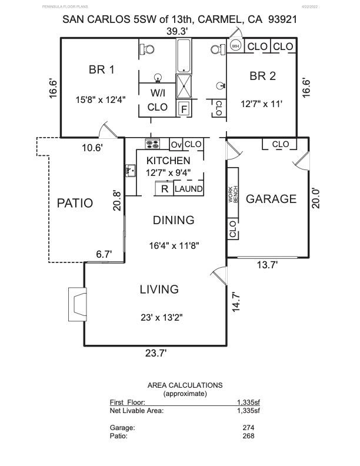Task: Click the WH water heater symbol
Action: [x=235, y=46]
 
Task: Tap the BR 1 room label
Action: [x=102, y=70]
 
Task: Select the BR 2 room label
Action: [x=262, y=76]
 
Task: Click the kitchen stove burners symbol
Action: [x=152, y=144]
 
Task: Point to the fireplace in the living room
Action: [x=78, y=304]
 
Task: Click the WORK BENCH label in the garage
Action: [x=233, y=195]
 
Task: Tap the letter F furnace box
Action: [x=184, y=109]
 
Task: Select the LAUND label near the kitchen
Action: [x=189, y=189]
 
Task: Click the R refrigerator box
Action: [x=165, y=189]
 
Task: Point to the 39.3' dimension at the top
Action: [x=177, y=31]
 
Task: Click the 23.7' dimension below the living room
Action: [x=156, y=353]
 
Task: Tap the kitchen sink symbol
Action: [x=131, y=171]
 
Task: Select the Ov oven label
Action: [x=176, y=145]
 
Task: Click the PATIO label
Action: [x=75, y=203]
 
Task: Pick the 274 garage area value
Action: [x=248, y=428]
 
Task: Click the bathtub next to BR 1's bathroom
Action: [x=184, y=56]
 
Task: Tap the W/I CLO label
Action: [x=158, y=100]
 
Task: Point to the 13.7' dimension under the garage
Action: [x=267, y=265]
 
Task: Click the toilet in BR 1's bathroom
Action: [x=147, y=49]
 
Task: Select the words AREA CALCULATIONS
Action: [x=185, y=385]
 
